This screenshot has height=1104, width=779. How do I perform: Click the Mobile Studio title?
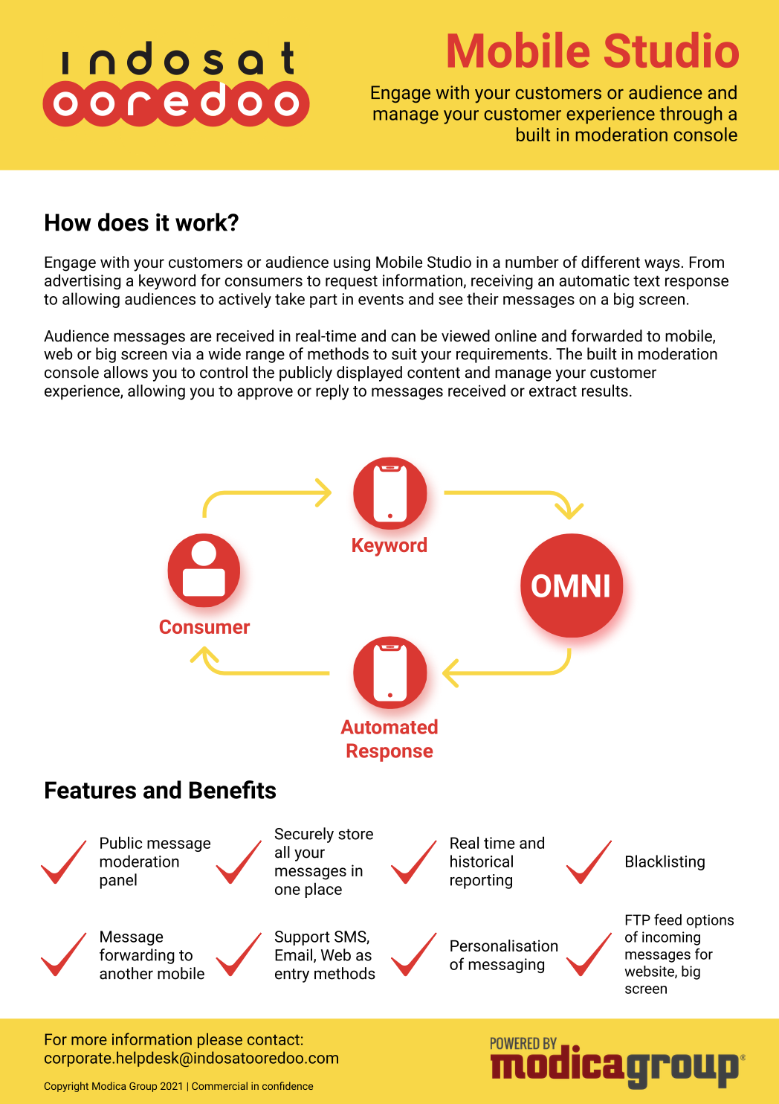pos(592,51)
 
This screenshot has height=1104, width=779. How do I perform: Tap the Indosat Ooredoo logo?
pos(177,84)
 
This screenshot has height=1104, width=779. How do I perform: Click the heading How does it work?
pos(141,222)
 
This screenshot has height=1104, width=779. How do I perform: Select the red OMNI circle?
pos(571,585)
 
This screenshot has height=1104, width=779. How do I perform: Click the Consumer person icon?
pos(204,570)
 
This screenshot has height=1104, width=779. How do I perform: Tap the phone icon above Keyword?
pos(389,493)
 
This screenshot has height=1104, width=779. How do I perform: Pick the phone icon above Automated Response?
pos(389,673)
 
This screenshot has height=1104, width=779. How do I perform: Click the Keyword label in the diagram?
pos(389,545)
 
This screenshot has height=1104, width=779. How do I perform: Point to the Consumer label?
pos(204,627)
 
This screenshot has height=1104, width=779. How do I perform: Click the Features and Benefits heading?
pos(160,790)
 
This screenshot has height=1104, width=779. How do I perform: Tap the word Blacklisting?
pos(665,861)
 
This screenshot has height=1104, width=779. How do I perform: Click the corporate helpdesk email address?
pos(191,1058)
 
